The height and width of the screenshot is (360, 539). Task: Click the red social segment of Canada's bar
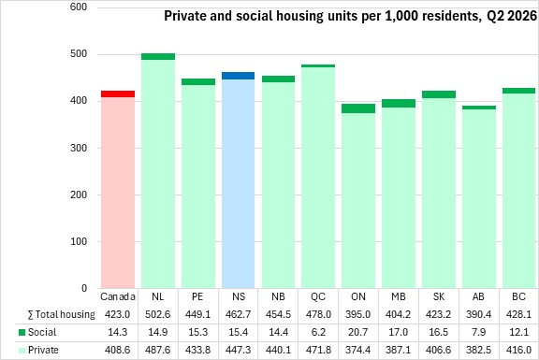pos(118,94)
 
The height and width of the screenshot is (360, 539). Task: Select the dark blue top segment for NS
pos(239,76)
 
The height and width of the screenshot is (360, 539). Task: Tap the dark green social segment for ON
pos(358,108)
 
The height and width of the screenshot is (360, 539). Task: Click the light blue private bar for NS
pos(239,184)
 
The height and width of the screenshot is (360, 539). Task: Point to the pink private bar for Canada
pos(118,193)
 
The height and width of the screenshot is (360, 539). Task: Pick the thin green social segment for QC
pos(318,66)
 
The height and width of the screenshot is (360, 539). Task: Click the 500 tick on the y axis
pos(79,54)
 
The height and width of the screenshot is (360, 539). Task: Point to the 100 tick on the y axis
pos(79,241)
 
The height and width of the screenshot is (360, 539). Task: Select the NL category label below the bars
pos(158,296)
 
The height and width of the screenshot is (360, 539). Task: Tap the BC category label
pos(518,296)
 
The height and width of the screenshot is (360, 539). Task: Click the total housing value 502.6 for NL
pos(158,314)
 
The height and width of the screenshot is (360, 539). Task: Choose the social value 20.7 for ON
pos(358,332)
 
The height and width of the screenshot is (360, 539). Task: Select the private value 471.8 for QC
pos(318,350)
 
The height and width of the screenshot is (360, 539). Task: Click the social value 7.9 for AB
pos(478,332)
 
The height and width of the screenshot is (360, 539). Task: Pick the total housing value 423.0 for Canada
pos(118,314)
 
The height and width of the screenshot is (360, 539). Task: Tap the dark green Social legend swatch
pos(22,333)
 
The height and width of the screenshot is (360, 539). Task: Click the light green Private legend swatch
pos(22,351)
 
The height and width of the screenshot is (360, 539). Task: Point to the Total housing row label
pos(61,314)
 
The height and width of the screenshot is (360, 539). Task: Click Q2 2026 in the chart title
pos(512,16)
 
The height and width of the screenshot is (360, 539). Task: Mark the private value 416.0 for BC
pos(518,350)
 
